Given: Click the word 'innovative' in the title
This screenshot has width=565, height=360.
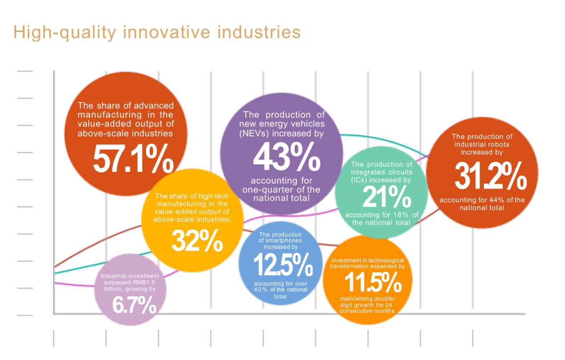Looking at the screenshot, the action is click(167, 32).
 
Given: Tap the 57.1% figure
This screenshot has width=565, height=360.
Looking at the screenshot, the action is click(133, 159).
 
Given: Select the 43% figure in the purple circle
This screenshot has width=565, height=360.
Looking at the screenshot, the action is click(287, 156).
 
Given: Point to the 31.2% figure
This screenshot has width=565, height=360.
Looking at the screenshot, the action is click(491, 176).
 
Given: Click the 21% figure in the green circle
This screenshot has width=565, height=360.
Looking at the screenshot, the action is click(387, 196).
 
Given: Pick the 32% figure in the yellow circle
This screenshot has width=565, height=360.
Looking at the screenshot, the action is click(197, 241).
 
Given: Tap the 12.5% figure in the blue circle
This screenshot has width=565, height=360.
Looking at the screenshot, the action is click(283, 264).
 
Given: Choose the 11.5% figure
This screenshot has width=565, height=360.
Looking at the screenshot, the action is click(373, 282).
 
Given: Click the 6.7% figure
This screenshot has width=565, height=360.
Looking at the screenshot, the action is click(134, 305).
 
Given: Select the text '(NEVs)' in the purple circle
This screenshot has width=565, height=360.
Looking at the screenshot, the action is click(254, 133).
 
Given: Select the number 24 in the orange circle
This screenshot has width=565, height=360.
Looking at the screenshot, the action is click(389, 305).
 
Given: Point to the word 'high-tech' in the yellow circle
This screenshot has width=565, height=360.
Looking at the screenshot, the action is click(213, 196).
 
